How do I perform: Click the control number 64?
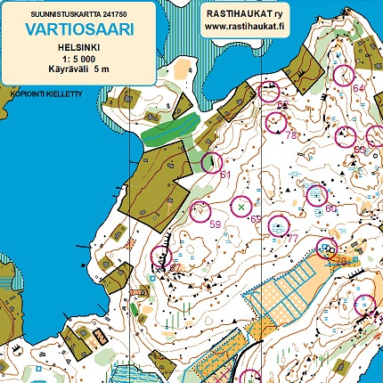(358, 88)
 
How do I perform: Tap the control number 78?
(290, 134)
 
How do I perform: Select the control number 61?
(225, 175)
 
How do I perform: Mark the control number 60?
(330, 208)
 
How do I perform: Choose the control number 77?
(291, 239)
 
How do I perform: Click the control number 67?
(175, 267)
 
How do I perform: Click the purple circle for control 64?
(342, 77)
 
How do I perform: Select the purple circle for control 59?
(200, 211)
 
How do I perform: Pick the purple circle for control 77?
(278, 226)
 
